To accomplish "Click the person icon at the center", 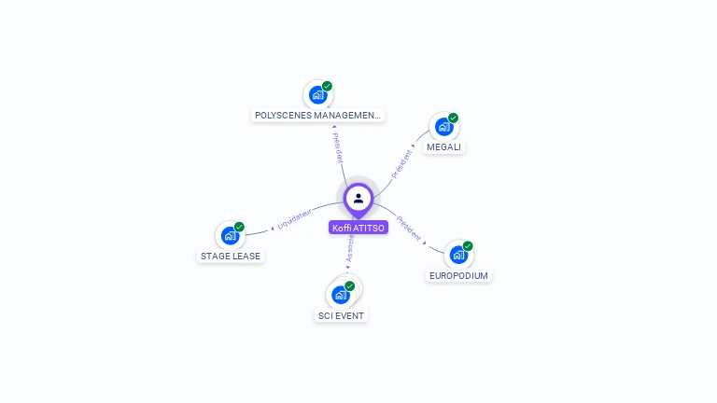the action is point(358,199).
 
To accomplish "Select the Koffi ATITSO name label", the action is point(358,228).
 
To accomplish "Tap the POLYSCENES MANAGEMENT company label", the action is point(318,116).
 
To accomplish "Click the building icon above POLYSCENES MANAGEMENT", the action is point(317,95).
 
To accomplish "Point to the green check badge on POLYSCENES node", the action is point(328,86).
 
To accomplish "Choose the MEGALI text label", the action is point(443,147).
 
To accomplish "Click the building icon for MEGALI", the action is point(443,127).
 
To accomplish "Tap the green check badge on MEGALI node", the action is point(454,118).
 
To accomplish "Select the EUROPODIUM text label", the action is point(458,275).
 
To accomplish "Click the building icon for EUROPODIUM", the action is point(457,255).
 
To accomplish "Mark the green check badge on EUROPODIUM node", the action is point(468,246).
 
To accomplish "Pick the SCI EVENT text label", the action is point(341,315).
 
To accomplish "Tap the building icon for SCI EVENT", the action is point(340,295).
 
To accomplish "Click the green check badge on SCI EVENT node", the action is point(350,285).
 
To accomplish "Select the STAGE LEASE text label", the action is point(231,256).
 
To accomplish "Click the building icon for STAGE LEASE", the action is point(230,236).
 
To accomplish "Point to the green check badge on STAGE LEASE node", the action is point(240,227).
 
